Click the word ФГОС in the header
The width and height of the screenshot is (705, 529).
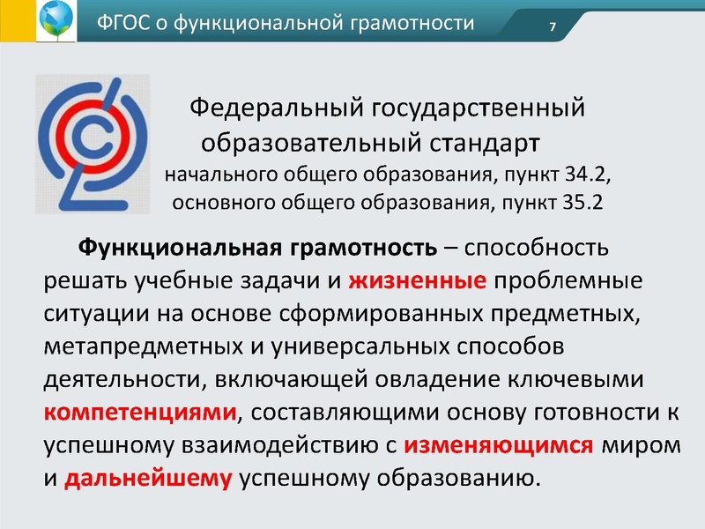pos(125,23)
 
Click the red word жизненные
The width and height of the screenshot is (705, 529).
pos(418,282)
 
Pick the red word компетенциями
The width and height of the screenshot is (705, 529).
pos(139,413)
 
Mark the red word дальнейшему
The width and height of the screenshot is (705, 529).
pos(149,479)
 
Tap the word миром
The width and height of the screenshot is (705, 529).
pos(641,445)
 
